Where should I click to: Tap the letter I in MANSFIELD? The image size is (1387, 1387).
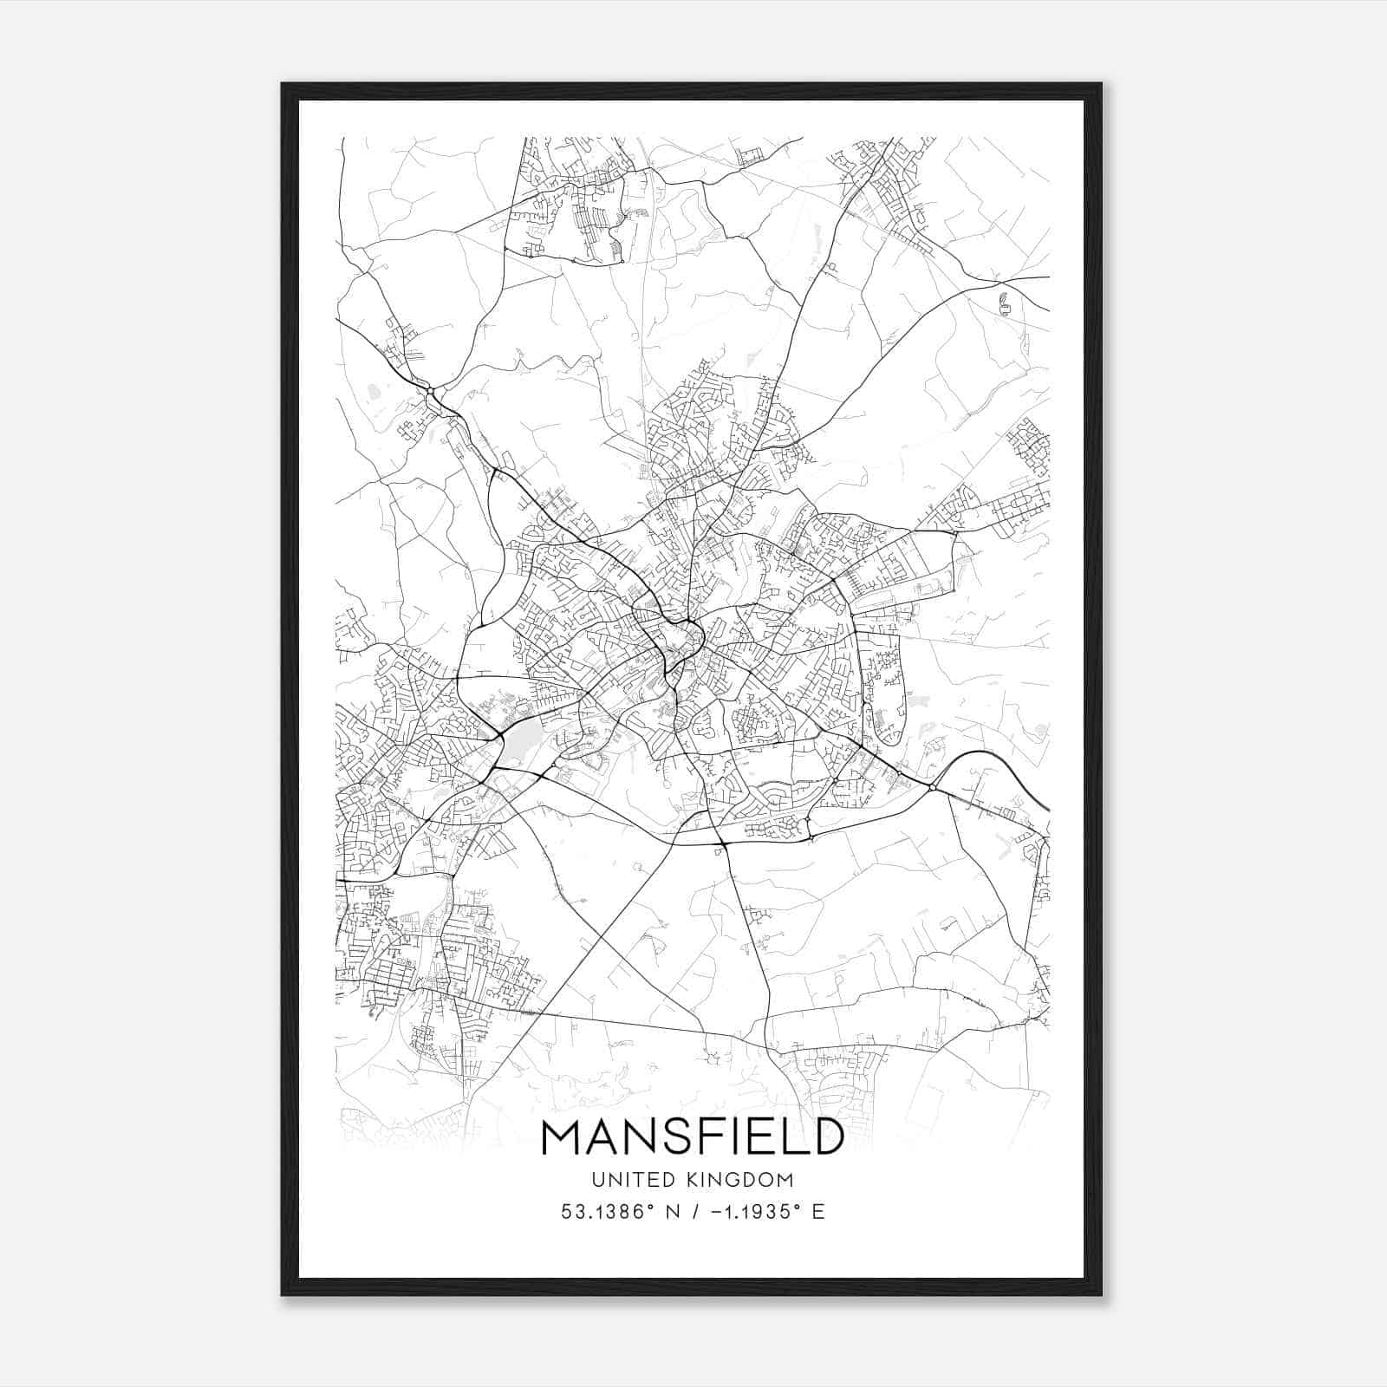(x=746, y=1136)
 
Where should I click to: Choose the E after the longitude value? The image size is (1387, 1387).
(x=817, y=1212)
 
